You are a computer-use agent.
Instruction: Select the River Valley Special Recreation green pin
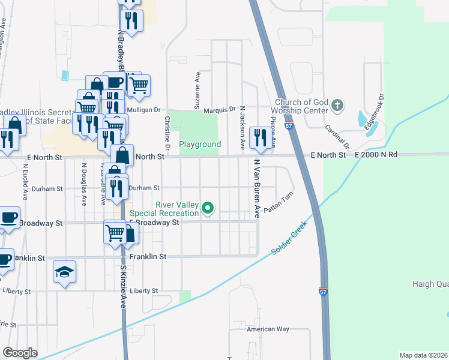coord(208,209)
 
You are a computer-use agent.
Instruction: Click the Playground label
coord(200,145)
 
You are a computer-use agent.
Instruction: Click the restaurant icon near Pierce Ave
coord(259,138)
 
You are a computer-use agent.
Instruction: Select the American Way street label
coord(268,329)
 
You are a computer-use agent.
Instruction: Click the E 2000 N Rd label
coord(376,155)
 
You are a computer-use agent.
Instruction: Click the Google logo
coord(20,352)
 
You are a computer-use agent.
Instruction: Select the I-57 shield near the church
coord(289,127)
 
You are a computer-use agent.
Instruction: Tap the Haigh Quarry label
coord(430,284)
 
